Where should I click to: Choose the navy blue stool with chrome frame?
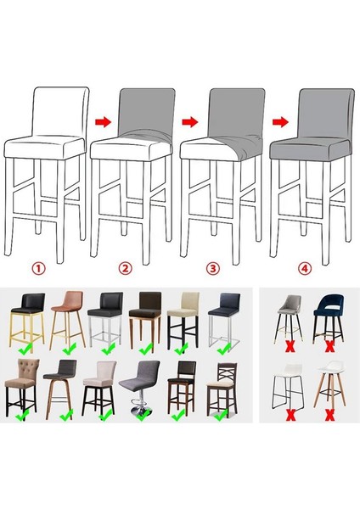point(225,318)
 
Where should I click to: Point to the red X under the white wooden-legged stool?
point(329,416)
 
